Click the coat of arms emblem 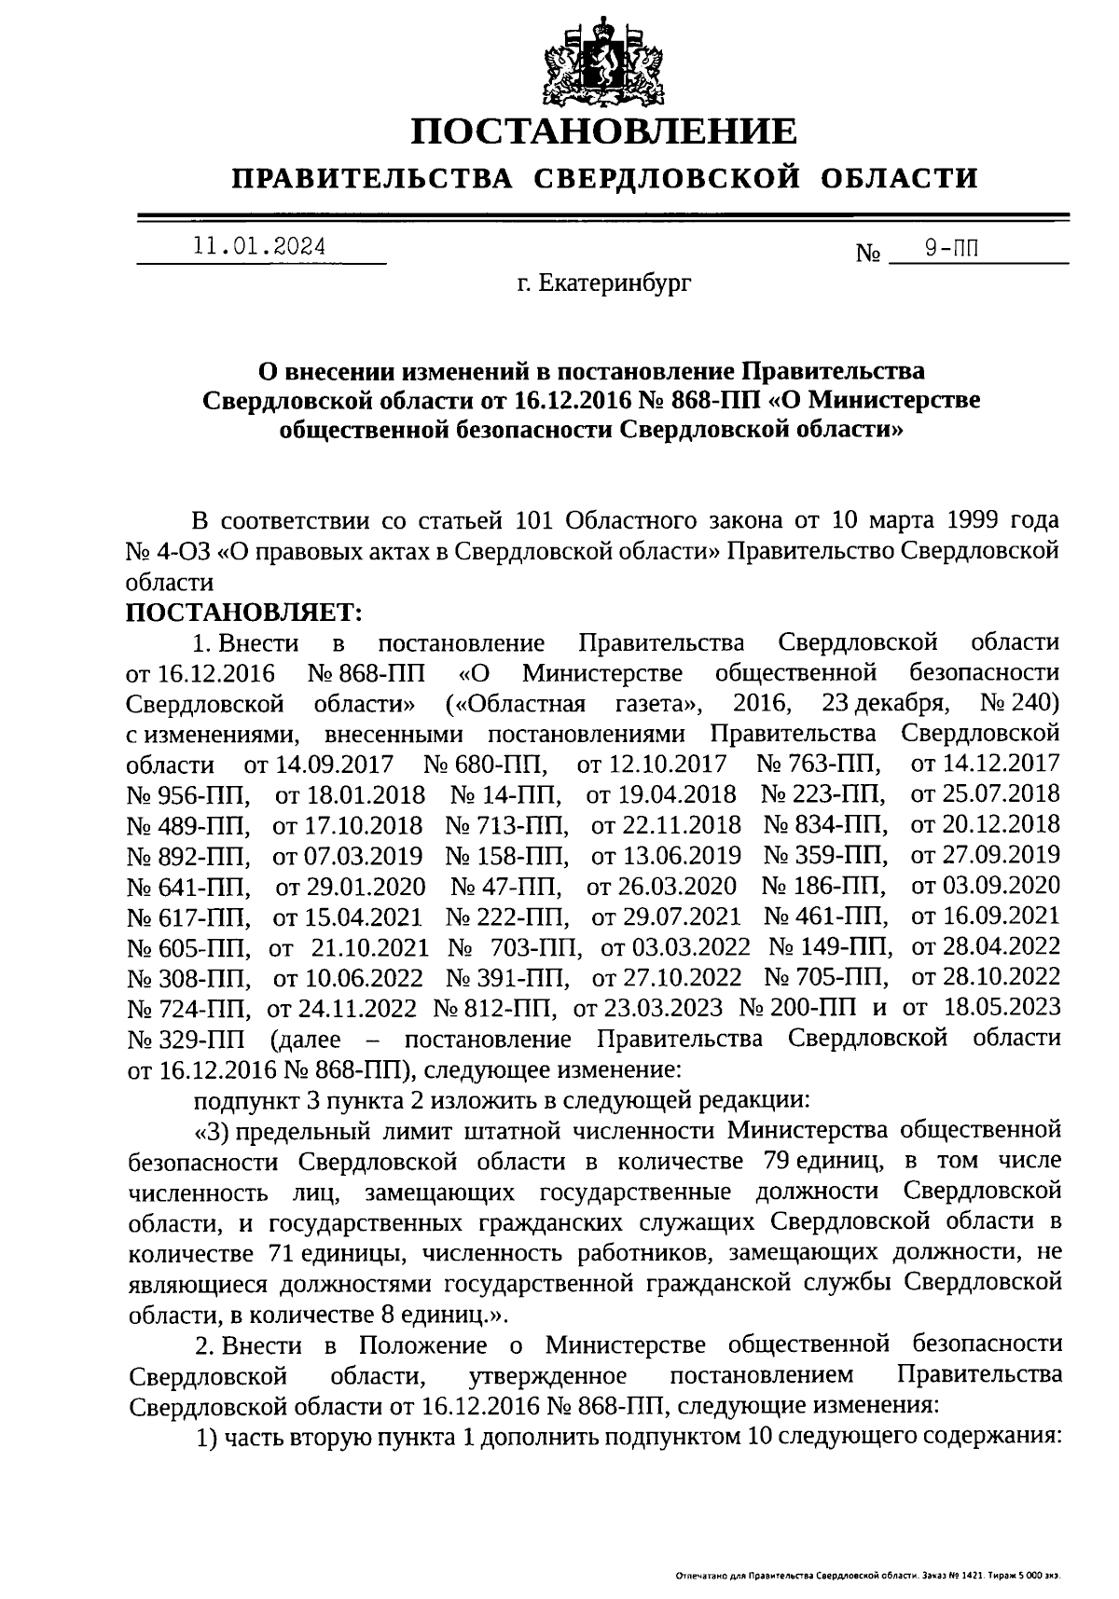tap(603, 58)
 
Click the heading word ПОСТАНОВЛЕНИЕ tap(605, 131)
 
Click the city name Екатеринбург tap(605, 283)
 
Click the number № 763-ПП tap(820, 764)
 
